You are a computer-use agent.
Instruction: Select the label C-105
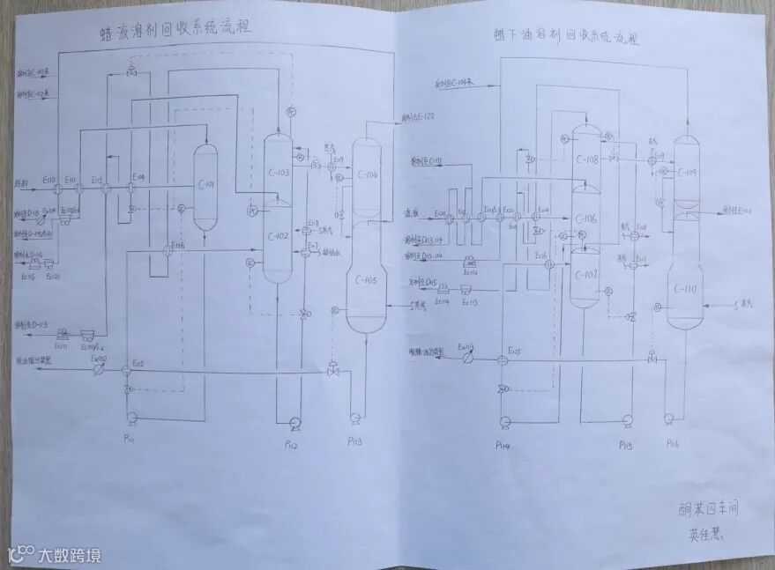(x=365, y=281)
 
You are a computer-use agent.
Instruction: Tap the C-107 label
(x=586, y=275)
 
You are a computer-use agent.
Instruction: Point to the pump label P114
(x=504, y=444)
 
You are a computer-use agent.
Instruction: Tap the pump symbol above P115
(x=627, y=420)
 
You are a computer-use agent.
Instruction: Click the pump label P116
(x=673, y=442)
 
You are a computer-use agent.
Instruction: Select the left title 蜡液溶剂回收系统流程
(x=176, y=29)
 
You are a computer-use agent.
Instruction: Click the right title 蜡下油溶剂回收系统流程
(x=565, y=38)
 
